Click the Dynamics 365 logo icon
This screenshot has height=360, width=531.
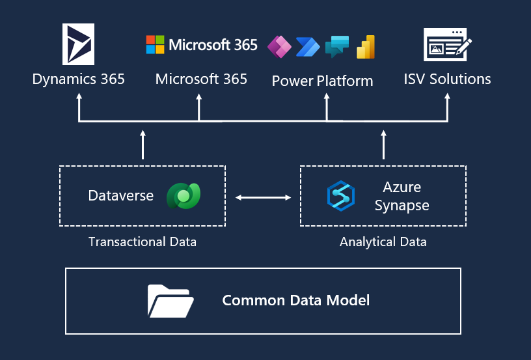78,44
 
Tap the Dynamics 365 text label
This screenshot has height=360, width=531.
78,79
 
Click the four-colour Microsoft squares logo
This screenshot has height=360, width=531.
155,45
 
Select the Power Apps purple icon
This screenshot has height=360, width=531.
280,46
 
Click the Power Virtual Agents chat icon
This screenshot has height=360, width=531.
337,46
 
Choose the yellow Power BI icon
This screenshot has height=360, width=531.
365,46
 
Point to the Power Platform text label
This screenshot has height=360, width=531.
322,81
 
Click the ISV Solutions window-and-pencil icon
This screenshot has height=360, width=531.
447,45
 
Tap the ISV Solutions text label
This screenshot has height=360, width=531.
447,79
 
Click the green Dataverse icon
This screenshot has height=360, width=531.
183,195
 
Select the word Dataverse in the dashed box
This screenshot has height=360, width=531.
121,195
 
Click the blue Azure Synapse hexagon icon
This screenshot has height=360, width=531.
340,196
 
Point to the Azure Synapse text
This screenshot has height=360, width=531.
402,196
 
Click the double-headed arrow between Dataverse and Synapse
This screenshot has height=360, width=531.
263,197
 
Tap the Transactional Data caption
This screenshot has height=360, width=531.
142,242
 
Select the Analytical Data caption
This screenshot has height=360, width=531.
383,242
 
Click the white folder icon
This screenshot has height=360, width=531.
170,300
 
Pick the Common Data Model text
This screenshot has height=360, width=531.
296,300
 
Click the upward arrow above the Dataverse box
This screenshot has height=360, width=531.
143,145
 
